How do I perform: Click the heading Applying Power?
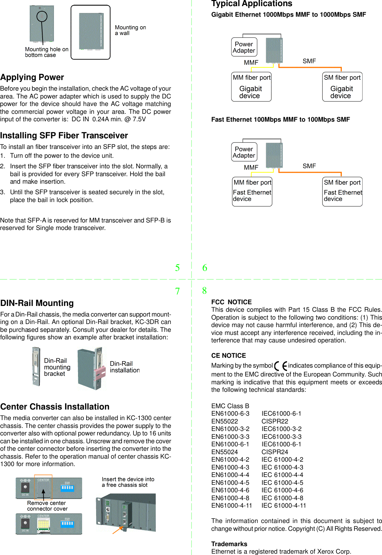coord(32,77)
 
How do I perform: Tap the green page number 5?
coord(177,268)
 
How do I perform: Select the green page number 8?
coord(204,291)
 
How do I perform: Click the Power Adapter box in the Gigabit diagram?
coord(244,47)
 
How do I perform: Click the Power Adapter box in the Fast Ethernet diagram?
coord(244,152)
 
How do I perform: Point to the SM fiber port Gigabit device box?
coord(342,87)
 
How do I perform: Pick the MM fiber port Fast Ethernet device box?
coord(252,191)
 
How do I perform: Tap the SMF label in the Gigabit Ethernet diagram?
coord(309,61)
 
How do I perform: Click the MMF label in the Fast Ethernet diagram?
coord(251,167)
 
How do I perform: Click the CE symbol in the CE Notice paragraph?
coord(281,366)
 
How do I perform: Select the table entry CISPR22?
coord(275,421)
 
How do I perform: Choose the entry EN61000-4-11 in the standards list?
coord(231,506)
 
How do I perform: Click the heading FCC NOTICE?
coord(231,302)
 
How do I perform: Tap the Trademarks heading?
coord(229,544)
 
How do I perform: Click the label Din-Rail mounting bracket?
coord(57,367)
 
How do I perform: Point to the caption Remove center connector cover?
coord(47,506)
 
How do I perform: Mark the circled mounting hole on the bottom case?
coord(42,16)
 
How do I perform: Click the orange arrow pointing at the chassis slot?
coord(118,530)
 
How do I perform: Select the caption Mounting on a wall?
coord(130,30)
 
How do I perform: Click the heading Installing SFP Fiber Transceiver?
coord(64,136)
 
